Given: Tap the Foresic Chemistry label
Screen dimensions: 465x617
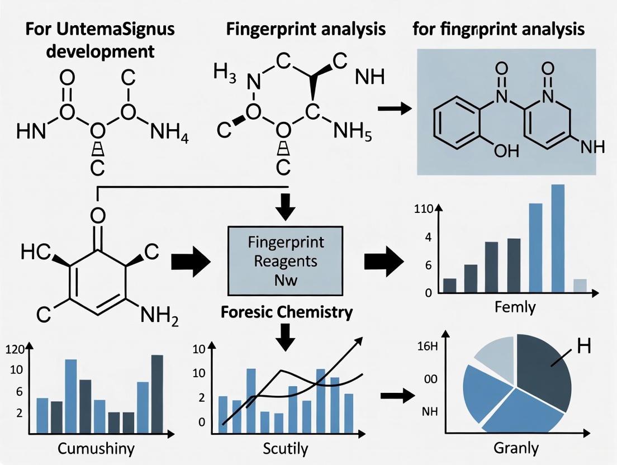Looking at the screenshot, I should coord(287,312).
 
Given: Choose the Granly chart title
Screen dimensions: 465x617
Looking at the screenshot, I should coord(516,448).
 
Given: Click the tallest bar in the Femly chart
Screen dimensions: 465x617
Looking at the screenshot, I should coord(558,238).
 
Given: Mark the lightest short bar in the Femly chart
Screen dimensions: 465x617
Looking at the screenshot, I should coord(580,286).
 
